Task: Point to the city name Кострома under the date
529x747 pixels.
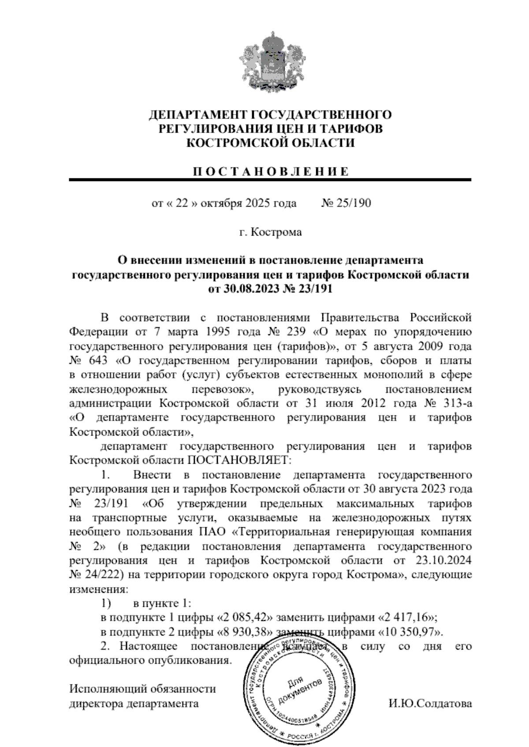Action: tap(276, 232)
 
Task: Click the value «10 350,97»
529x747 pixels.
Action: tap(411, 632)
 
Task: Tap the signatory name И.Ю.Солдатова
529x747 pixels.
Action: tap(430, 703)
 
